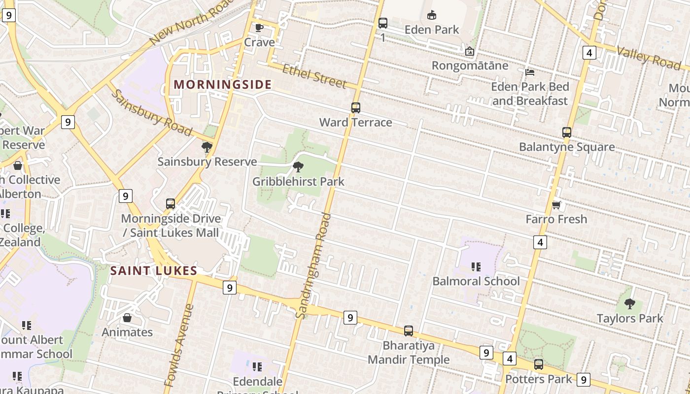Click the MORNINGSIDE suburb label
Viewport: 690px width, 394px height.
(222, 84)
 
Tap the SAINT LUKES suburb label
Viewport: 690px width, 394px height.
(153, 270)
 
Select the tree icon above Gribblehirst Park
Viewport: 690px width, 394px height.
(298, 167)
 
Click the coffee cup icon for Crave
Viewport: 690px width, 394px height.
(259, 28)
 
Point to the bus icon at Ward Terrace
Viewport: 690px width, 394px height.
(355, 107)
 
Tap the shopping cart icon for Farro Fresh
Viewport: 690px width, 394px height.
(556, 205)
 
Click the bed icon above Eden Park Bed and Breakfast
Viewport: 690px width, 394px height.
(530, 72)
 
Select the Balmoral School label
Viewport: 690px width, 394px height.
(476, 281)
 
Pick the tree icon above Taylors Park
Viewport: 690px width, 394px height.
(629, 303)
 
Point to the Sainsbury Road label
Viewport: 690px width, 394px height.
(150, 113)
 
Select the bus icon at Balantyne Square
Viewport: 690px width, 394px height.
(567, 132)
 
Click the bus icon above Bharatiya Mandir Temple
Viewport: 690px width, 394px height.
(409, 331)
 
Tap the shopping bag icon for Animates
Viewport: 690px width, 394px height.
(127, 318)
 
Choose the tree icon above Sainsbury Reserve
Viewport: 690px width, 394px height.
(207, 147)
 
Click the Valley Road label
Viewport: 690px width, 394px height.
(648, 58)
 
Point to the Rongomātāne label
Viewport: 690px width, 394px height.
(469, 66)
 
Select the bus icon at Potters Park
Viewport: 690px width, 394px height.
(539, 364)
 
